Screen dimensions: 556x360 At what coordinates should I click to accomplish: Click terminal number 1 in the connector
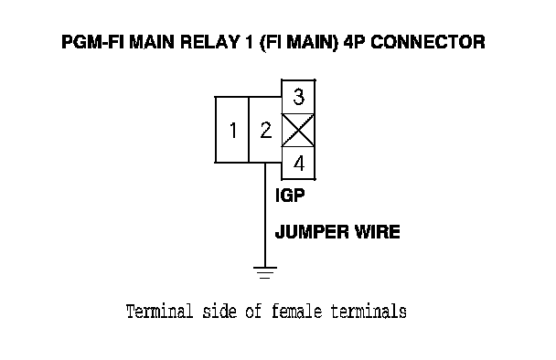(x=232, y=130)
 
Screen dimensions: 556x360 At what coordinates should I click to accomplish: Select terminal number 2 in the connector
(x=265, y=130)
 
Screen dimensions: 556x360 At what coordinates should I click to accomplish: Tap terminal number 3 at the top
(x=298, y=97)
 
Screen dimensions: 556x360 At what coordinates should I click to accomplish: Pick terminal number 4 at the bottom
(x=298, y=163)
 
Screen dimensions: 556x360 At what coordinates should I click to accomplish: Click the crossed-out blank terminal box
(x=298, y=130)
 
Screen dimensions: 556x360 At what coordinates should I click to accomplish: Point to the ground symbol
(x=265, y=272)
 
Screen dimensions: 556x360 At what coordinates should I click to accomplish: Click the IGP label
(x=290, y=196)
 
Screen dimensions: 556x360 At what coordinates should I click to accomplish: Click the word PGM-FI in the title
(x=93, y=42)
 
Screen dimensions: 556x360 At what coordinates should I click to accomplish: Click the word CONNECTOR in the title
(x=428, y=42)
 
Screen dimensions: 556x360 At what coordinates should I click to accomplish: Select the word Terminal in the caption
(x=159, y=312)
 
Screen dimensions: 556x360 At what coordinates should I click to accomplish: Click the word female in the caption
(x=297, y=312)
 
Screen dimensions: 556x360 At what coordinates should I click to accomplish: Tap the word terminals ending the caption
(x=369, y=312)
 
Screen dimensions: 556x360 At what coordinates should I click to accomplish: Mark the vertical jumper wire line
(x=265, y=215)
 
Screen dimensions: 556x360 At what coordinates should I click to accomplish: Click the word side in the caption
(x=219, y=312)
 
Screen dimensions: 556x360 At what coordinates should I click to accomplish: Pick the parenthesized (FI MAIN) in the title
(x=300, y=43)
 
